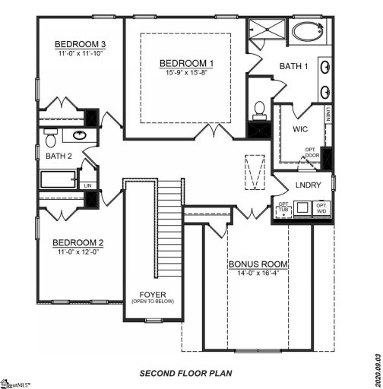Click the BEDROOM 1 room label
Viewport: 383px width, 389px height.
coord(186,62)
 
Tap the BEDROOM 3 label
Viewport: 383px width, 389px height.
coord(80,45)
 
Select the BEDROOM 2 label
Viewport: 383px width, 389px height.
coord(78,244)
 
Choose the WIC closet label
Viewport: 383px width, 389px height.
coord(299,129)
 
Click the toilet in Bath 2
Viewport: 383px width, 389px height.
coord(52,138)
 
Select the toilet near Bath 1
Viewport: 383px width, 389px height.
coord(258,109)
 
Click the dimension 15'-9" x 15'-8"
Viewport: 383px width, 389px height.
coord(186,73)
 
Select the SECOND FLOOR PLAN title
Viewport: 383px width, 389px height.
coord(185,374)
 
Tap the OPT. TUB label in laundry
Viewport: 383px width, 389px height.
coord(283,207)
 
